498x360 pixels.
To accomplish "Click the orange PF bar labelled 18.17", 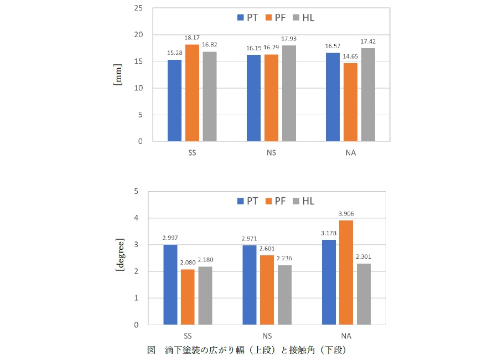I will pos(192,92).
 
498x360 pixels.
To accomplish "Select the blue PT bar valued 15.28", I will pos(174,100).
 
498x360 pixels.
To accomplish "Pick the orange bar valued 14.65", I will pos(350,102).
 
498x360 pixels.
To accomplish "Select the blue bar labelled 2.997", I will pos(170,284).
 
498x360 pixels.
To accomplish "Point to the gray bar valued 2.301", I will pos(364,294).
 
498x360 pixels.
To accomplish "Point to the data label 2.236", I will pos(285,259).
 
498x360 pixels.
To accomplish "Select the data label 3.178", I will pos(329,233).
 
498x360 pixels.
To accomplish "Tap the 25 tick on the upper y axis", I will pos(138,8).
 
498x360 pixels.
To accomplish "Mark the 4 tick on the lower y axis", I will pos(136,218).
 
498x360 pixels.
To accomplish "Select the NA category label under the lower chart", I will pos(347,336).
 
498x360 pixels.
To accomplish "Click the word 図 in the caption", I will pos(151,350).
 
